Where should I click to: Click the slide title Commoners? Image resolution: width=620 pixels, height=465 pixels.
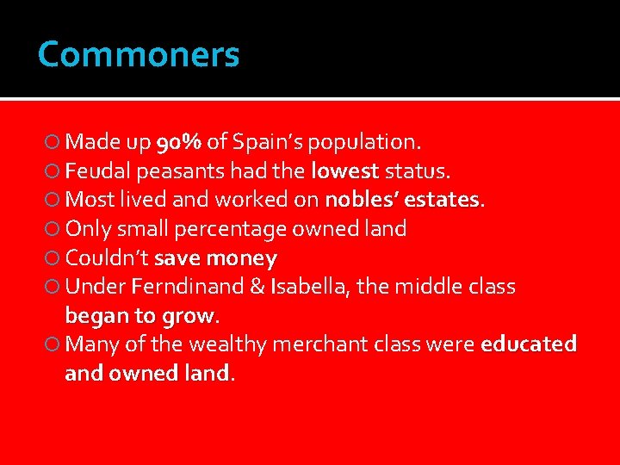pos(139,55)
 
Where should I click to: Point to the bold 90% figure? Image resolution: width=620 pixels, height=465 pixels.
pos(179,140)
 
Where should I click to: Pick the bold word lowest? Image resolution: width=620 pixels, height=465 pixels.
pos(345,170)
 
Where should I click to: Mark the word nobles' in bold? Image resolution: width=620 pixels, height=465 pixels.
pos(355,199)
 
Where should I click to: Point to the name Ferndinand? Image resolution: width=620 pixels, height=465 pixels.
pos(182,287)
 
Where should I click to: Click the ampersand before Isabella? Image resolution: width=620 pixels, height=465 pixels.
pos(256,287)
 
